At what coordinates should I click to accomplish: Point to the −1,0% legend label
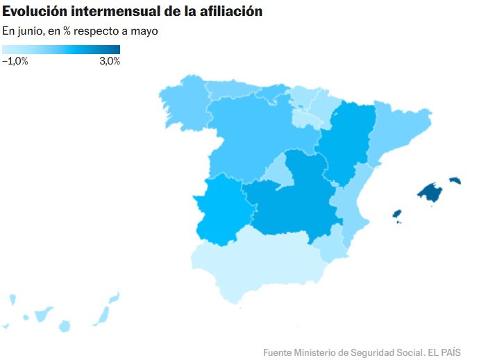[x=15, y=61]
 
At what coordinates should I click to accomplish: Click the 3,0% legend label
[x=110, y=61]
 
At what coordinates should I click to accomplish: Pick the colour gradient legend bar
[x=61, y=49]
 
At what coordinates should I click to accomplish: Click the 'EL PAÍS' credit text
[x=444, y=352]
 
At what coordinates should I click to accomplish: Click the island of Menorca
[x=455, y=180]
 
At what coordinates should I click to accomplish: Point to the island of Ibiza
[x=398, y=214]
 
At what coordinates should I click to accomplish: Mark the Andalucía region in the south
[x=257, y=264]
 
